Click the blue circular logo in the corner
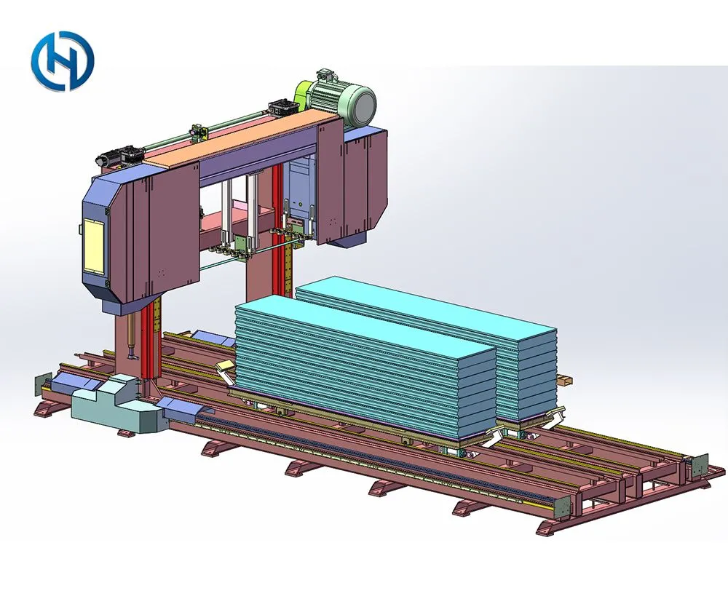[63, 61]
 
